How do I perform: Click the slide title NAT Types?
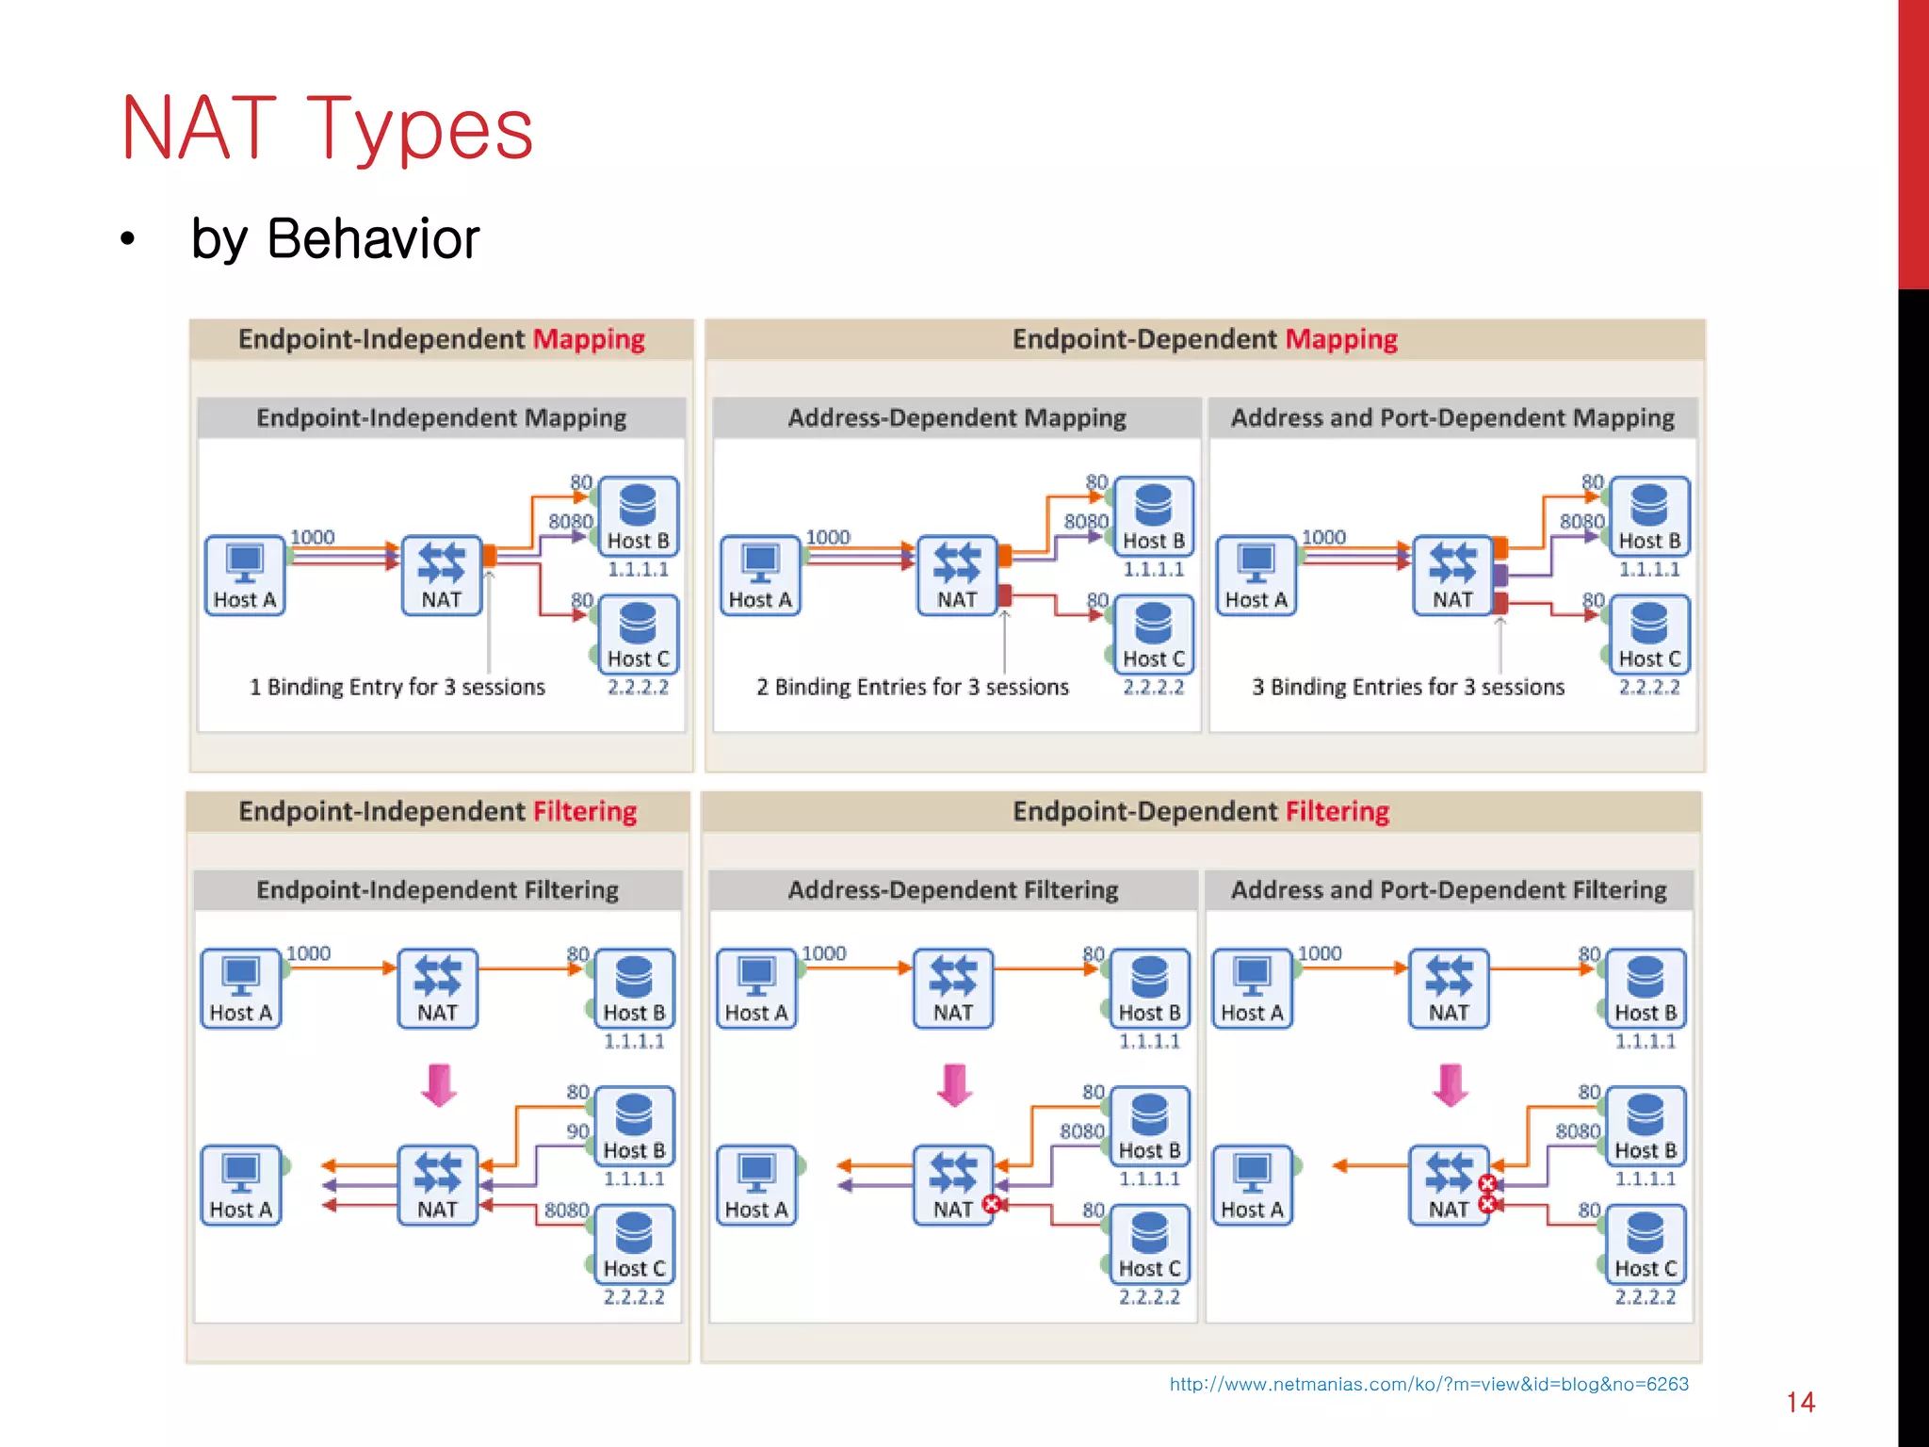327,129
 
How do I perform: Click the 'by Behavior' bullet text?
334,238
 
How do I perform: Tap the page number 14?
1800,1402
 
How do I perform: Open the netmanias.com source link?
1428,1384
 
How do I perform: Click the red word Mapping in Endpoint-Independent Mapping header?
589,339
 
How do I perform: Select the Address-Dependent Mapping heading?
956,417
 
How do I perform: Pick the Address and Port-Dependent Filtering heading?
1449,889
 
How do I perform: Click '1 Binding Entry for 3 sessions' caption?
397,687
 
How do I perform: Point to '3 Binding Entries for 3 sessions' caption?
1407,687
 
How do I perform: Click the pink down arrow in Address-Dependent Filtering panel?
954,1085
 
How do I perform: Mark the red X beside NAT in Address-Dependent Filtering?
991,1203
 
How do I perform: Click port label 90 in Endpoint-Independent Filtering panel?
577,1130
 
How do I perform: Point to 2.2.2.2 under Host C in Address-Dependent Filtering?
1149,1297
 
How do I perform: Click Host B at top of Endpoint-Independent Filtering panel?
634,987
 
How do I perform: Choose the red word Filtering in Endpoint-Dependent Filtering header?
1337,811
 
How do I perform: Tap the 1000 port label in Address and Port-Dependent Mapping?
1322,537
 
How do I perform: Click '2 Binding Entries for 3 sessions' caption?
912,687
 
